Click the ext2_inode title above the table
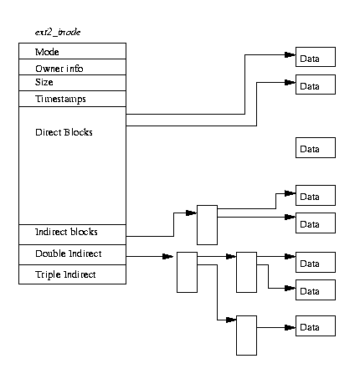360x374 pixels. click(58, 33)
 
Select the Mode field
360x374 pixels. click(72, 51)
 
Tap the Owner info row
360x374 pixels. click(72, 67)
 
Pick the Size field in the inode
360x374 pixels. click(72, 83)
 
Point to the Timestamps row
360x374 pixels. click(72, 99)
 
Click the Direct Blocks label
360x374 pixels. click(64, 132)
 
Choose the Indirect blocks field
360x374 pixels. click(72, 234)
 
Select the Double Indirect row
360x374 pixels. click(72, 254)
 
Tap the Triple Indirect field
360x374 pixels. click(72, 274)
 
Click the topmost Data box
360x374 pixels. click(316, 57)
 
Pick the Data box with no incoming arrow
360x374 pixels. click(316, 147)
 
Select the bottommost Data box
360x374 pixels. click(316, 325)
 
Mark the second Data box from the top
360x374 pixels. click(316, 85)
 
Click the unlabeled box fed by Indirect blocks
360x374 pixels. click(207, 225)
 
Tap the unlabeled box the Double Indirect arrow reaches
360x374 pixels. click(187, 273)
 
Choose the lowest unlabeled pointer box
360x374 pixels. click(246, 336)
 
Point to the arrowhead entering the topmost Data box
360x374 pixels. click(291, 54)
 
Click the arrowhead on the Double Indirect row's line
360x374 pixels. click(167, 256)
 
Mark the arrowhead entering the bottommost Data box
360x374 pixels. click(291, 327)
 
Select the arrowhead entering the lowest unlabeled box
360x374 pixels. click(231, 320)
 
